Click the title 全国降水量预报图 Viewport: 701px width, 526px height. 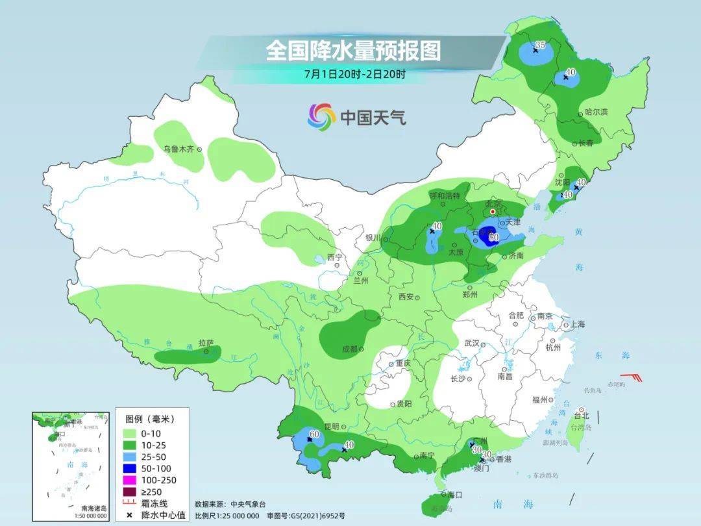352,50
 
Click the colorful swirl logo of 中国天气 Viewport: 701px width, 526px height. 321,117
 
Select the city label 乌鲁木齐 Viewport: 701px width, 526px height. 178,149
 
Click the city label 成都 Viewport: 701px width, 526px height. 349,349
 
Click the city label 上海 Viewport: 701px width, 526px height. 577,324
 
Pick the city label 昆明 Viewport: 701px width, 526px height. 332,426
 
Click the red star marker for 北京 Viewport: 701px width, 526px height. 493,212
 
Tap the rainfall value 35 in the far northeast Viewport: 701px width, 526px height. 539,45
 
